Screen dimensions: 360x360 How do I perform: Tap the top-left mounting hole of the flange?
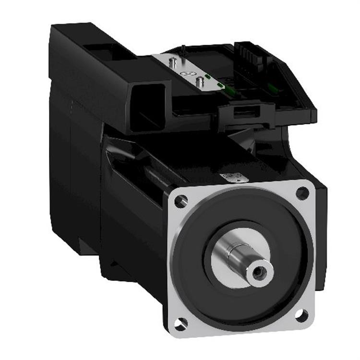[180, 200]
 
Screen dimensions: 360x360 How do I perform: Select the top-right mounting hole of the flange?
[302, 193]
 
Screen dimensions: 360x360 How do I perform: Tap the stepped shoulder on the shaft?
[230, 254]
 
